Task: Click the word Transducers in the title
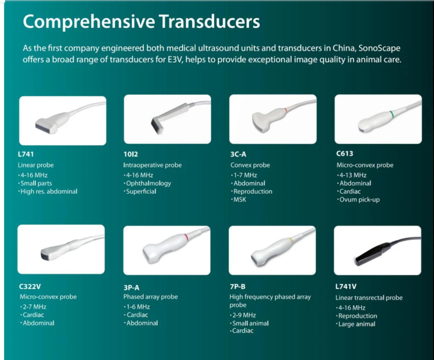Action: [x=209, y=21]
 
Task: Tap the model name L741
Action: [x=26, y=154]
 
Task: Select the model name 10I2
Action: [x=131, y=154]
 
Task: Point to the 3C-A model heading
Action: [x=238, y=154]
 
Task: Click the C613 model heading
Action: [x=344, y=154]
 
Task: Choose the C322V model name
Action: [x=30, y=287]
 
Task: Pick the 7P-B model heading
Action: [x=237, y=287]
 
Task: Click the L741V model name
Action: [x=346, y=287]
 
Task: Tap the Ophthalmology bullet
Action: [x=149, y=184]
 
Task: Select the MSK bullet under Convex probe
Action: [x=240, y=200]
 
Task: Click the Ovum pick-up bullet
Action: [x=359, y=200]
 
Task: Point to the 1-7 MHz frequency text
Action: [x=245, y=175]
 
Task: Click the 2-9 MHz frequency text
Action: [x=244, y=315]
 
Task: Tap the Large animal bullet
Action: [x=357, y=324]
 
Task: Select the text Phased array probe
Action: [x=151, y=297]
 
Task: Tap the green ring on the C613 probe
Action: [x=392, y=114]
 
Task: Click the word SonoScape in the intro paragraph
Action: [x=379, y=48]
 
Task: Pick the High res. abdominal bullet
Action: [x=49, y=192]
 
